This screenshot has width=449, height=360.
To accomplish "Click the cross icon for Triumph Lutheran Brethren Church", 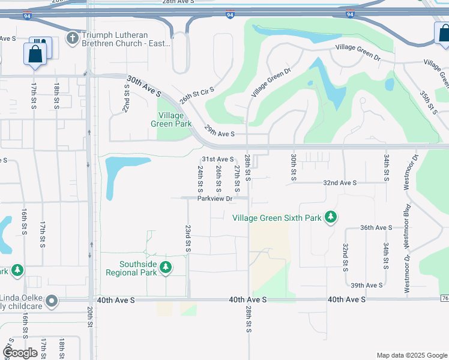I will (73, 39).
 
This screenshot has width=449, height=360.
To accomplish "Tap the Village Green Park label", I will (175, 119).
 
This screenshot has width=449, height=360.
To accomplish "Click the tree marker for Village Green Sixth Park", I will (330, 217).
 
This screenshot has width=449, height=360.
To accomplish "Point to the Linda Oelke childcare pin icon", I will (52, 301).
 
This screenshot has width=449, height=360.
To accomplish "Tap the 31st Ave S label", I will (217, 159).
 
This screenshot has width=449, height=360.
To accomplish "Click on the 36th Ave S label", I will (376, 228).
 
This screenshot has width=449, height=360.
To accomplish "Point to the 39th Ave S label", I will (367, 286).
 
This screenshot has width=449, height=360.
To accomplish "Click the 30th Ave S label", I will (144, 86).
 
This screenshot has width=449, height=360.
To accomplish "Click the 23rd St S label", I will (188, 238).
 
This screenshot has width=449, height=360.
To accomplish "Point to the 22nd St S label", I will (127, 97).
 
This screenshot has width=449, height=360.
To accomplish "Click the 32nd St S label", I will (346, 257).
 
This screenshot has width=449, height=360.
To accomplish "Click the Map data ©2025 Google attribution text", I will (411, 355).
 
